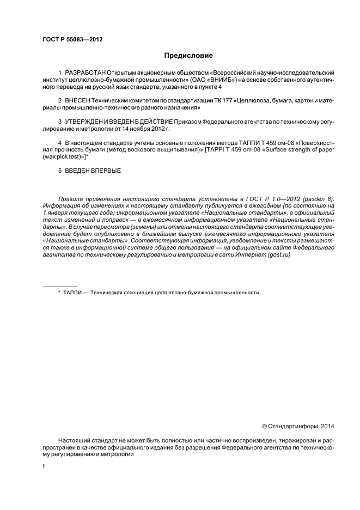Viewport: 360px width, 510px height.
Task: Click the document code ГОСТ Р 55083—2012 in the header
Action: point(72,40)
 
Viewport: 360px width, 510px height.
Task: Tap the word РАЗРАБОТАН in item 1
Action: point(85,72)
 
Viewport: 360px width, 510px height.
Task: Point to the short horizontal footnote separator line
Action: point(60,286)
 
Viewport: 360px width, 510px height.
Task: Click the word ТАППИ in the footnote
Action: point(74,293)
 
